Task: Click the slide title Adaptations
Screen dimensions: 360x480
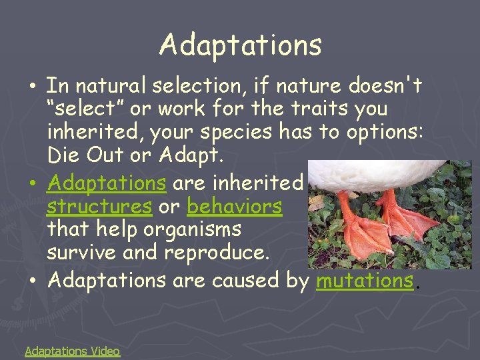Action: click(241, 45)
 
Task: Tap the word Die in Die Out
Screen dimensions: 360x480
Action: click(62, 156)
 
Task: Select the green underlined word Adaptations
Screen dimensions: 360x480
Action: click(107, 182)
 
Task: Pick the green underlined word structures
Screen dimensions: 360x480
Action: click(99, 206)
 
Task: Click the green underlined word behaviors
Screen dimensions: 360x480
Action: click(234, 206)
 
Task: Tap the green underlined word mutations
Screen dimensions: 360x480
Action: click(365, 281)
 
